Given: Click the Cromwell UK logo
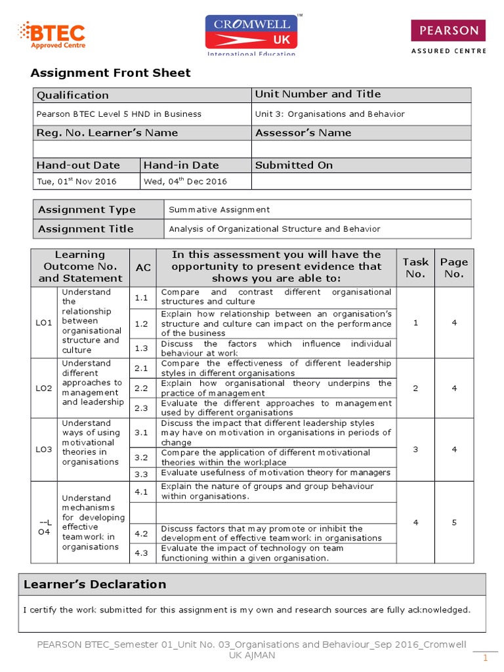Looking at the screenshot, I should click(251, 34).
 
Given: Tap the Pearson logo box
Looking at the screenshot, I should click(448, 31).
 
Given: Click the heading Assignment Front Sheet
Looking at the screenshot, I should click(112, 73).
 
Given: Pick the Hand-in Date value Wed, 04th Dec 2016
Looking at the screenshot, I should click(185, 181).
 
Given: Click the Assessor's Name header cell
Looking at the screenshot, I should click(303, 133).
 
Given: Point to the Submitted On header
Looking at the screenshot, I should click(293, 165).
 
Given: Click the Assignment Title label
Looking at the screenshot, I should click(85, 229).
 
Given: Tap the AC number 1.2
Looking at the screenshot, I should click(142, 324).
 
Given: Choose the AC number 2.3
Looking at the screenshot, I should click(142, 408).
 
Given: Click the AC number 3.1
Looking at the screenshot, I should click(142, 432).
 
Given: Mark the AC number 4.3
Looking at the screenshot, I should click(142, 553).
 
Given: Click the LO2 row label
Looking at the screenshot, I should click(44, 388).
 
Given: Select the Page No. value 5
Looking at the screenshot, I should click(453, 522).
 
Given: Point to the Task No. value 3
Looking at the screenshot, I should click(415, 449).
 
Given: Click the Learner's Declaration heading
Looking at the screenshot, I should click(94, 584).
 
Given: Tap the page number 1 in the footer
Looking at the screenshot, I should click(486, 658).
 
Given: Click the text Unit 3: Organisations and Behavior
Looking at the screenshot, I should click(329, 114).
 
